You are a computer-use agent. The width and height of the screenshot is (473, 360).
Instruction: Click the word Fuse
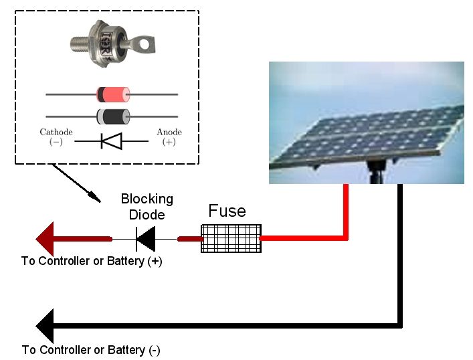coord(227,210)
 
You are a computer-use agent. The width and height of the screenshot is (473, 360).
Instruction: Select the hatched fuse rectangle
coord(231,238)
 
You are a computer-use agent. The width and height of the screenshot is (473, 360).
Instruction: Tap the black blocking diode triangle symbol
coord(146,239)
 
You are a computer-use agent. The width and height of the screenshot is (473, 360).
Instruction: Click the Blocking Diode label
coord(147,207)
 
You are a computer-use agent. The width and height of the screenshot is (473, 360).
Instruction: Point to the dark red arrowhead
coord(45,239)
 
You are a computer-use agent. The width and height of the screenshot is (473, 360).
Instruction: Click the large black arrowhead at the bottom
coord(45,326)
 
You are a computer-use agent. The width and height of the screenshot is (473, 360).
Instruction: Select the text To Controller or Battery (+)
coord(92,261)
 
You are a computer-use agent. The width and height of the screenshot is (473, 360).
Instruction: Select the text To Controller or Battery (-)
coord(91,350)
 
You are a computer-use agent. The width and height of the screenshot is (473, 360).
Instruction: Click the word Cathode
coord(56,132)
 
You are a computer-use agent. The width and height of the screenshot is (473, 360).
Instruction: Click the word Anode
coord(169,132)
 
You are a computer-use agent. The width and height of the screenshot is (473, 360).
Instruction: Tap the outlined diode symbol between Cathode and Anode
coord(111,141)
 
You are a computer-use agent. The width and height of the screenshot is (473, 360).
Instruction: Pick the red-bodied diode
coord(113,94)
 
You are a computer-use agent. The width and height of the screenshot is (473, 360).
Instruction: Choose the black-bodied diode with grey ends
coord(113,116)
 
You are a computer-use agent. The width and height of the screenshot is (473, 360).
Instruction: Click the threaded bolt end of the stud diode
coord(80,43)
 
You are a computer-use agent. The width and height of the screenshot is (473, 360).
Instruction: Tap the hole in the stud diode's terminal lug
coord(145,45)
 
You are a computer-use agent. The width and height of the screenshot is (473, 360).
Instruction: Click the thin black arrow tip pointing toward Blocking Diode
coord(100,201)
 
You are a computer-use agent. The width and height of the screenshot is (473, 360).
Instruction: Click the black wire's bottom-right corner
coord(399,326)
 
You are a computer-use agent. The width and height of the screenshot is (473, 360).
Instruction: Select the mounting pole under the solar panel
coord(375,173)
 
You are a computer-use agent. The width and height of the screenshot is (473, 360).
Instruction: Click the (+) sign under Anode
coord(169,142)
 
